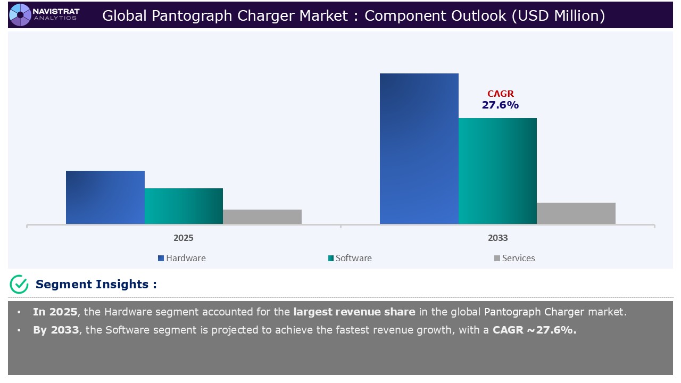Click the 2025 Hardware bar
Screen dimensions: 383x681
105,197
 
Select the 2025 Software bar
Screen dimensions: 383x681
184,206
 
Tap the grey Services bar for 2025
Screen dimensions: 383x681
262,217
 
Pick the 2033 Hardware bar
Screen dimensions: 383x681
419,148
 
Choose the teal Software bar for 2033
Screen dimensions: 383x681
497,171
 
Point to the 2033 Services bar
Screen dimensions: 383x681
576,213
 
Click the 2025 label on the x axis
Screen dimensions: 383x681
184,238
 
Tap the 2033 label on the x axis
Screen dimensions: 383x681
497,238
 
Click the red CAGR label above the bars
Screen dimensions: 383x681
500,94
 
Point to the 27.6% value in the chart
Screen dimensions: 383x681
500,105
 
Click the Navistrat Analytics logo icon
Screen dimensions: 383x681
20,14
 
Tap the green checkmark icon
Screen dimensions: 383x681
19,284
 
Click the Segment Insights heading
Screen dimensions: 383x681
96,284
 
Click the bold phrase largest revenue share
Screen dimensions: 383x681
354,312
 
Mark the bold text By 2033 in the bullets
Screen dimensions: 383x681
55,330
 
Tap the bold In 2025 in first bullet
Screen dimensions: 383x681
55,312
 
